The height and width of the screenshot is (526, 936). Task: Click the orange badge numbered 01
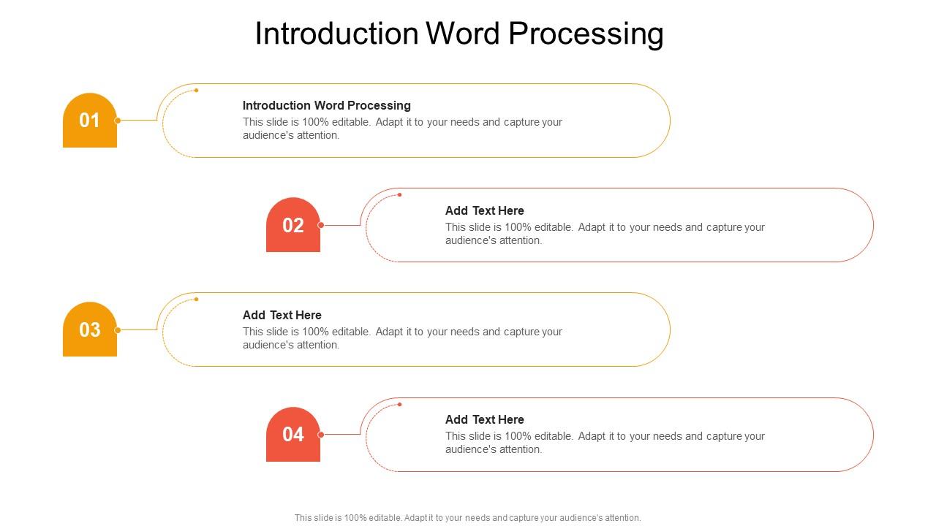(x=90, y=121)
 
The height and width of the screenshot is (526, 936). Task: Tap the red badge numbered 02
(x=293, y=225)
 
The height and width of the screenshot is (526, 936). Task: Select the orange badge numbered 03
(x=90, y=329)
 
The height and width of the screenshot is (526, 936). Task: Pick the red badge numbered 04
(x=293, y=435)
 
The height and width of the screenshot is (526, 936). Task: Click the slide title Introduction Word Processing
(x=459, y=34)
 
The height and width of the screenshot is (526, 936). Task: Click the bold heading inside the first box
(x=327, y=105)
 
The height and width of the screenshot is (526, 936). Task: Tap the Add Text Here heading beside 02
(x=485, y=210)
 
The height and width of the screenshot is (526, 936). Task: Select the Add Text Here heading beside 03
(x=282, y=315)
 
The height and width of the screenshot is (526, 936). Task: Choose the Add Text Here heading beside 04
(x=485, y=419)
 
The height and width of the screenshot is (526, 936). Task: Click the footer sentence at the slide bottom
(x=468, y=518)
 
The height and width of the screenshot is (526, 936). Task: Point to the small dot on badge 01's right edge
(x=118, y=121)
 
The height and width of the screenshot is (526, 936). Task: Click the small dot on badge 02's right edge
(x=321, y=225)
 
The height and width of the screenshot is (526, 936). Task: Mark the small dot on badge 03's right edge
(x=118, y=330)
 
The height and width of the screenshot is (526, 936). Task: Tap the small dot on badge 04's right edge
(x=321, y=435)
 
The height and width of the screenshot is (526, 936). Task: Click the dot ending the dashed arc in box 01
(x=197, y=90)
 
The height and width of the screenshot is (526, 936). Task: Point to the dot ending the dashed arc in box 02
(x=400, y=195)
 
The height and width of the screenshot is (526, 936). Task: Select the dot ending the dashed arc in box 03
(x=197, y=300)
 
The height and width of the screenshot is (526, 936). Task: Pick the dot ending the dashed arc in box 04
(x=400, y=404)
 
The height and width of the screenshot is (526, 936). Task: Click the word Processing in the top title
(x=586, y=34)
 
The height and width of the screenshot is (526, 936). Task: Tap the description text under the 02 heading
(x=605, y=234)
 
